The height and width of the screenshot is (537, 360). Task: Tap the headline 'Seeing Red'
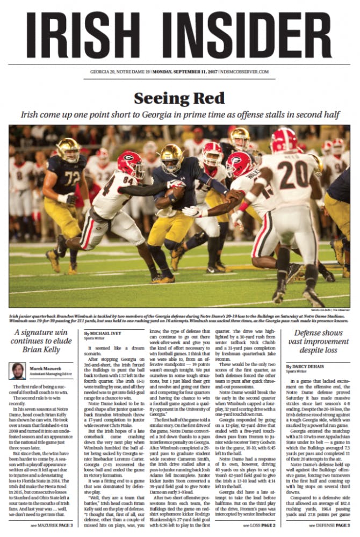point(179,99)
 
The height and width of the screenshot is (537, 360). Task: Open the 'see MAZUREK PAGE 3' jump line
point(51,525)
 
